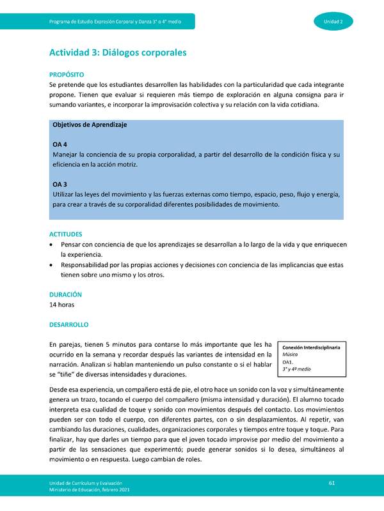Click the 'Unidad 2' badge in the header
337,22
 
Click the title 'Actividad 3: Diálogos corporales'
118,53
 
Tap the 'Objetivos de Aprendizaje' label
90,125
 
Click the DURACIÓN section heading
65,294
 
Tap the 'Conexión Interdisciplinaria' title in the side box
311,347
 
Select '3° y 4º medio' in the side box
296,369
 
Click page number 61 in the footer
332,482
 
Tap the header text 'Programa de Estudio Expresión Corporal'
115,22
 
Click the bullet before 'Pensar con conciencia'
52,245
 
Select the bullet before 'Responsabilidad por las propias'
52,265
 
